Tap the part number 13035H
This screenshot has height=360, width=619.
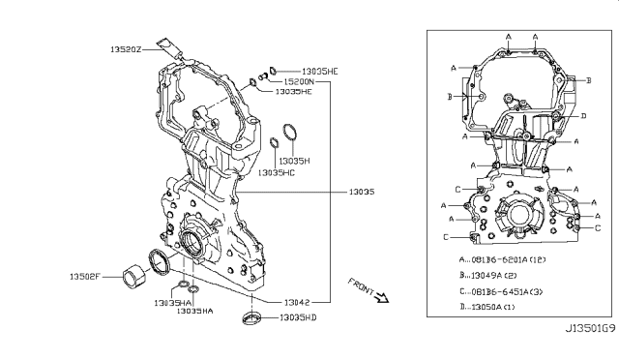(294, 161)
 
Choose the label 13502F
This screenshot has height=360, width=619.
(86, 277)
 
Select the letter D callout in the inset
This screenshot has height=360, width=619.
(582, 116)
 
